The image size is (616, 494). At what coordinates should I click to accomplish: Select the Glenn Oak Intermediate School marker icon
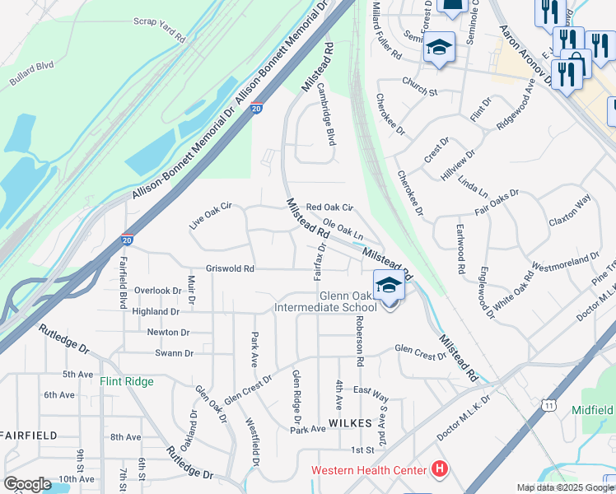pos(390,287)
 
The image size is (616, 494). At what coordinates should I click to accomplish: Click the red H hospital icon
pos(440,470)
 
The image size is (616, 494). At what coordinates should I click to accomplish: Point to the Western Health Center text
pos(369,471)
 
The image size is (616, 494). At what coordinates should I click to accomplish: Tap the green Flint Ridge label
pos(127,381)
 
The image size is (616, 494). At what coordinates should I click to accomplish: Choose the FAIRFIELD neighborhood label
pos(28,434)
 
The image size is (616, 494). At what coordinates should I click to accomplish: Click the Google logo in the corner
pos(26,484)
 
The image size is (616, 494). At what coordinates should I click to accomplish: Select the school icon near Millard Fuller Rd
pos(440,47)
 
